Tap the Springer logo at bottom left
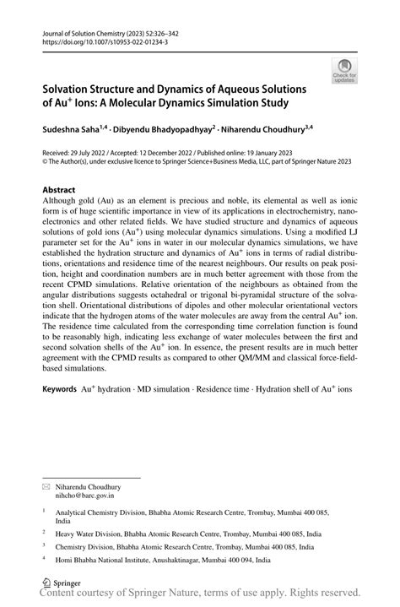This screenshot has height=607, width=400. [x=58, y=583]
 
